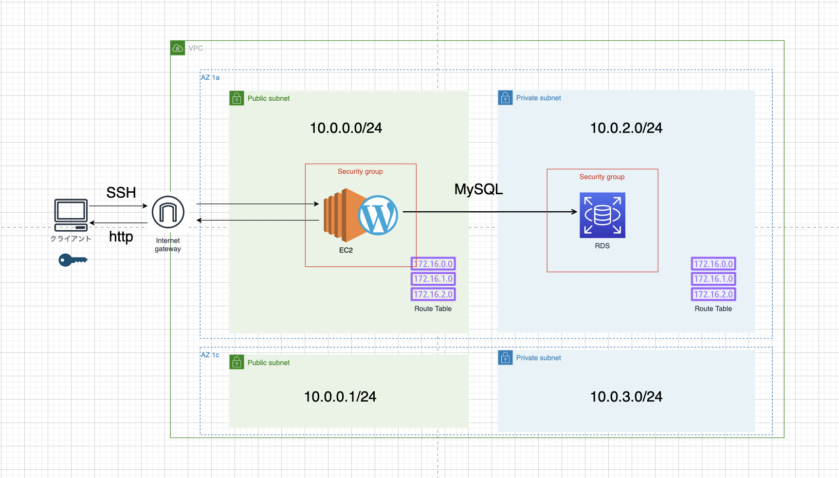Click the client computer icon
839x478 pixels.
point(71,215)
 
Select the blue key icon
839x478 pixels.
point(73,260)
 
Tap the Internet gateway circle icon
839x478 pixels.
point(168,212)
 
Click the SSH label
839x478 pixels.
point(121,193)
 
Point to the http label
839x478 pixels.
point(121,237)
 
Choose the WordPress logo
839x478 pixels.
point(378,215)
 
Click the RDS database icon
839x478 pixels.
point(602,215)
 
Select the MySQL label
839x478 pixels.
point(478,189)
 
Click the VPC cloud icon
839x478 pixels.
point(178,48)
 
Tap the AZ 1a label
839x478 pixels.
point(210,77)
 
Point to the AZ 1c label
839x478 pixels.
point(210,355)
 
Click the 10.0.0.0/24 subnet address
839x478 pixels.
point(346,128)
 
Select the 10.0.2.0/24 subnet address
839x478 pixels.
point(626,128)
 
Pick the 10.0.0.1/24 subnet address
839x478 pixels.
point(340,397)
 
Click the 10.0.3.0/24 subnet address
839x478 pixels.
point(626,397)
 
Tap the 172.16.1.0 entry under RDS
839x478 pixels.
point(713,279)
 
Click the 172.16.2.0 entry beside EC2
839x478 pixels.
point(433,294)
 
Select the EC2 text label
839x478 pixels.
point(346,250)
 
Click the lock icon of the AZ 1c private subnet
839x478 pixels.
point(505,358)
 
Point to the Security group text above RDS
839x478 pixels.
point(602,177)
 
